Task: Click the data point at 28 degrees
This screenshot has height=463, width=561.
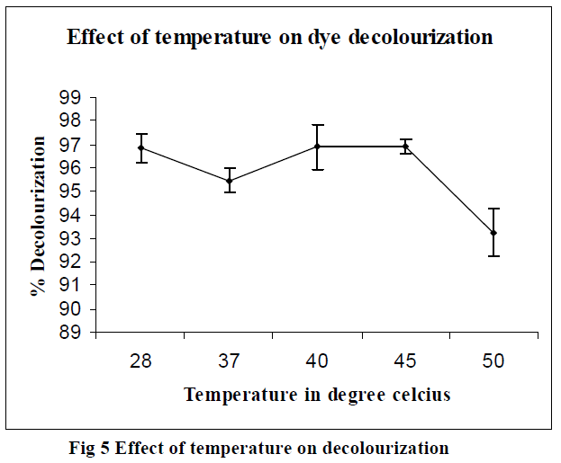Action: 140,147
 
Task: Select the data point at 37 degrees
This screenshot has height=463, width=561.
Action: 229,181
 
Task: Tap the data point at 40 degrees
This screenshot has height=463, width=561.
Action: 317,146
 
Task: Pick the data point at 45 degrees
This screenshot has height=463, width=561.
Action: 405,146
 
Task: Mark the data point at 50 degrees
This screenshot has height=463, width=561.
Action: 493,233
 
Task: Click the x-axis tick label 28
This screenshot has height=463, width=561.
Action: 140,361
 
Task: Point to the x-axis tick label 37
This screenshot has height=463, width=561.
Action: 229,361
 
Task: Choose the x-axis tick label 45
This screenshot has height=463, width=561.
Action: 405,361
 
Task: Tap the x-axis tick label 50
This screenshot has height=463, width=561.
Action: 493,361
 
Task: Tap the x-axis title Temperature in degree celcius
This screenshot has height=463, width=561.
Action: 317,394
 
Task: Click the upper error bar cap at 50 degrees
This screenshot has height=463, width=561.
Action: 493,209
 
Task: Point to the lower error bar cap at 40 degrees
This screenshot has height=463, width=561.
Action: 317,169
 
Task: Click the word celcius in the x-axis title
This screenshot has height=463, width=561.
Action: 420,394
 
